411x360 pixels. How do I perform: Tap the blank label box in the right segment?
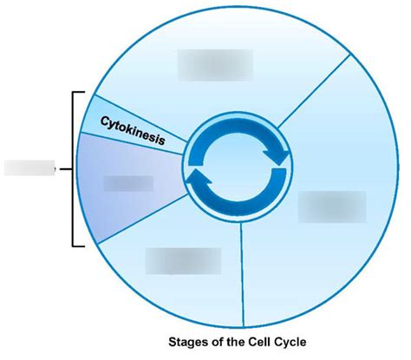(x=332, y=206)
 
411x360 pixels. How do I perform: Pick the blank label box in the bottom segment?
(x=182, y=261)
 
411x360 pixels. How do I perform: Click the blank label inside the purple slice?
(x=127, y=184)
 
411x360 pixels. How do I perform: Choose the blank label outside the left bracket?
(x=29, y=167)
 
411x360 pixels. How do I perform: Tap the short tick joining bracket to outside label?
(x=64, y=167)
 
